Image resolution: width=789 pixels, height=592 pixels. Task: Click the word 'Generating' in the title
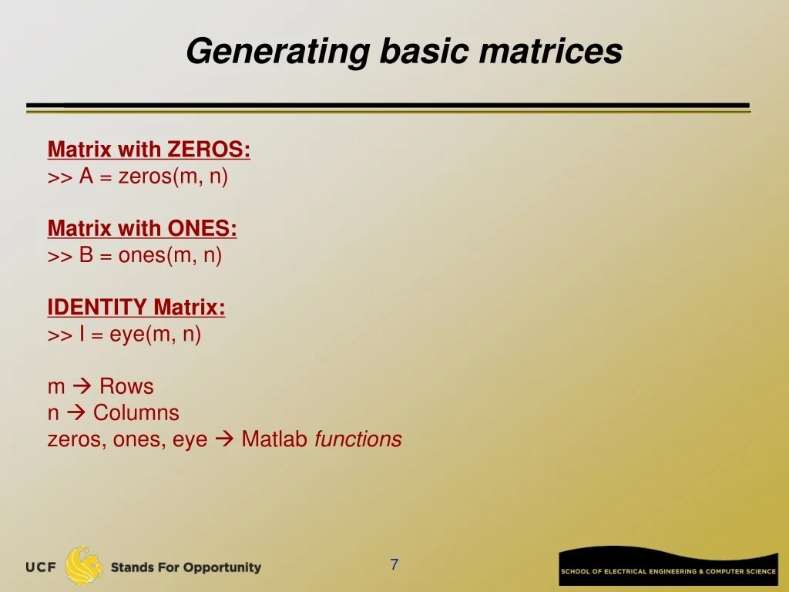[x=278, y=52]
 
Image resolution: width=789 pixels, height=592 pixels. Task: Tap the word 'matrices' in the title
[x=551, y=51]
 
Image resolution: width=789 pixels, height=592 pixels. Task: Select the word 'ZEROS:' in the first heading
[x=208, y=150]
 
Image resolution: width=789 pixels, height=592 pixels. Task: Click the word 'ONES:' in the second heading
[x=202, y=228]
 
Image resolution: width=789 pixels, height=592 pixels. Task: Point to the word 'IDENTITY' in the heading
[x=97, y=307]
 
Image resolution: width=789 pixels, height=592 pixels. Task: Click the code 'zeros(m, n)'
[x=173, y=177]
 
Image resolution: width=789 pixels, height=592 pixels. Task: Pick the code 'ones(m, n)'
[x=170, y=255]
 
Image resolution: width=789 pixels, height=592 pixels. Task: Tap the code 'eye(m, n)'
[x=156, y=335]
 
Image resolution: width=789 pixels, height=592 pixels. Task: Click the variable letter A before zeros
[x=86, y=177]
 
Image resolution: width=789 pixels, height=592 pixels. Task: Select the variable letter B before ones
[x=86, y=255]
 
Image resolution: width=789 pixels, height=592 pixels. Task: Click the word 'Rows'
[x=126, y=386]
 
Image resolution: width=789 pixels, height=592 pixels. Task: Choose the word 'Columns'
[x=136, y=413]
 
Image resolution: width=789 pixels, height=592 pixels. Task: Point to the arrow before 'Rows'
[x=82, y=386]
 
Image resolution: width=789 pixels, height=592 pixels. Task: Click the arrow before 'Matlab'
[x=224, y=439]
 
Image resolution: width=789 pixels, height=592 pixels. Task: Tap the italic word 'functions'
[x=358, y=439]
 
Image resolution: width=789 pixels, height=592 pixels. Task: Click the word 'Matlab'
[x=274, y=439]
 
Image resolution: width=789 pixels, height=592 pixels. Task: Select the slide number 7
[x=394, y=564]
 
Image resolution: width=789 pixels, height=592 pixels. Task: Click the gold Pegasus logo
[x=83, y=566]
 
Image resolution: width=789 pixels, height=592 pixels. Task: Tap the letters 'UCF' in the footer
[x=42, y=567]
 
